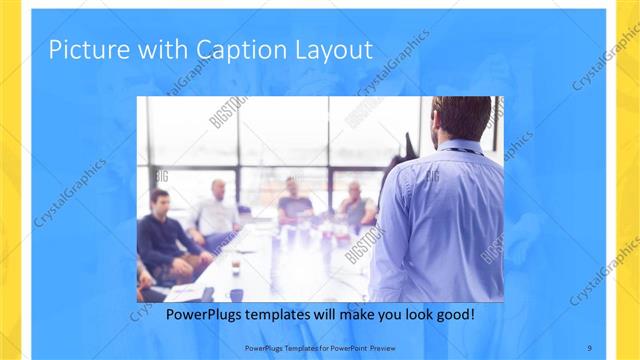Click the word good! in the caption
pyautogui.click(x=452, y=315)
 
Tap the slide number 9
pyautogui.click(x=589, y=347)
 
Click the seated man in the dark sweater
pyautogui.click(x=165, y=240)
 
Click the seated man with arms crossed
pyautogui.click(x=355, y=208)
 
